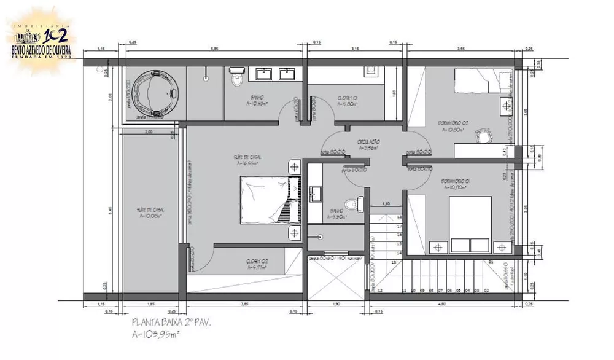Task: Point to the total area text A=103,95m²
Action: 156,334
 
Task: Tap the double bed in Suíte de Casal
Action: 269,200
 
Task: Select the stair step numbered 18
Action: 399,217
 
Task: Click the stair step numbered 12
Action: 381,289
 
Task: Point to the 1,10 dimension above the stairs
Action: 387,204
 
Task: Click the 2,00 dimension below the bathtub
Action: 149,132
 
